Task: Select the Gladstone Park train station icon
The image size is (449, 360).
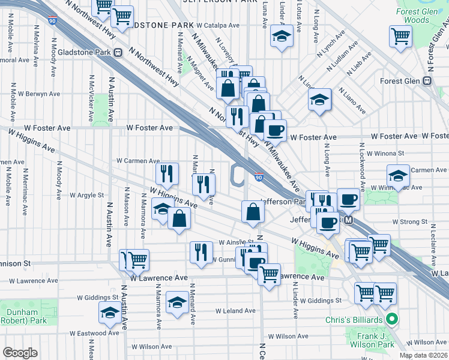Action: click(x=118, y=52)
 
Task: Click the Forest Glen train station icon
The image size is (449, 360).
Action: click(x=428, y=81)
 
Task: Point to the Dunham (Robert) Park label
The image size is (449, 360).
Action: click(x=22, y=316)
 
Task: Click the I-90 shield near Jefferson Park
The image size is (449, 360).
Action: click(x=258, y=177)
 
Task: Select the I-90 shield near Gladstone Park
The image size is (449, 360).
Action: click(x=53, y=21)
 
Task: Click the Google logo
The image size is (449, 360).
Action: click(x=20, y=353)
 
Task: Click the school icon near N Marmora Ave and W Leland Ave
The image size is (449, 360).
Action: click(x=177, y=301)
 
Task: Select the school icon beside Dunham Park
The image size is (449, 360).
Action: click(x=110, y=311)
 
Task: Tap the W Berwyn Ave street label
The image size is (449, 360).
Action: click(x=39, y=94)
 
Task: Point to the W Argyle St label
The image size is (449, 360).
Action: click(x=86, y=195)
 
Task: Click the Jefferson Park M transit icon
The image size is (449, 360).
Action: click(x=349, y=221)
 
